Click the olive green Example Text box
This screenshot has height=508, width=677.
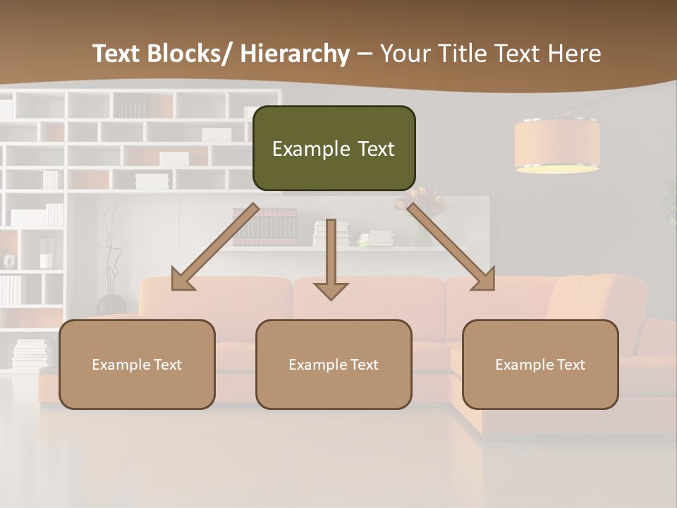point(334,148)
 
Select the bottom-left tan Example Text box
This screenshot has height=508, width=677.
point(137,364)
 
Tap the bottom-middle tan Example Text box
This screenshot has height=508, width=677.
point(334,364)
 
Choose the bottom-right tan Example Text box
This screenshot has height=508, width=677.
point(540,364)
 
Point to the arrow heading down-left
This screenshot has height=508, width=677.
point(212,248)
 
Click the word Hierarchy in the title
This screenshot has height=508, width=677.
point(294,54)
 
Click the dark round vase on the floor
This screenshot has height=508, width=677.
point(111,305)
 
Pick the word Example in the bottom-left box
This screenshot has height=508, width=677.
point(121,364)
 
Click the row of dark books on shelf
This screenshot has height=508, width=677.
point(264,227)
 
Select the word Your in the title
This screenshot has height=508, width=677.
point(404,54)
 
